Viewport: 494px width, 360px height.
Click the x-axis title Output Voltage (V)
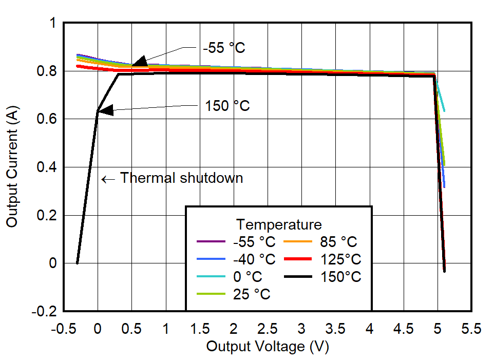[x=267, y=347]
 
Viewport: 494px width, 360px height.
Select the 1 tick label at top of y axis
[x=53, y=23]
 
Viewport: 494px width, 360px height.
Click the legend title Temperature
[x=279, y=224]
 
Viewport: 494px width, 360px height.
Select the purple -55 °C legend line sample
[x=211, y=241]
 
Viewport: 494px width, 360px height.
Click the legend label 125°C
[x=341, y=259]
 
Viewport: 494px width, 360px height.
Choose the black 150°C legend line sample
[x=298, y=277]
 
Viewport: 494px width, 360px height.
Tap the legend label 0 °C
[x=248, y=277]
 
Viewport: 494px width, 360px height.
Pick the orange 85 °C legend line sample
[x=298, y=241]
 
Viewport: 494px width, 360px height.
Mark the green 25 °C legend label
[x=251, y=294]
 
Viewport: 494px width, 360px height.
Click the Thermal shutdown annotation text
[x=181, y=178]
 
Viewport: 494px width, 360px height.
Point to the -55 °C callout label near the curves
[x=224, y=48]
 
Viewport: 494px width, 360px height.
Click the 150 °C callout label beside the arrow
[x=227, y=106]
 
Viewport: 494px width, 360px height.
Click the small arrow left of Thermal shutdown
[x=108, y=179]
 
